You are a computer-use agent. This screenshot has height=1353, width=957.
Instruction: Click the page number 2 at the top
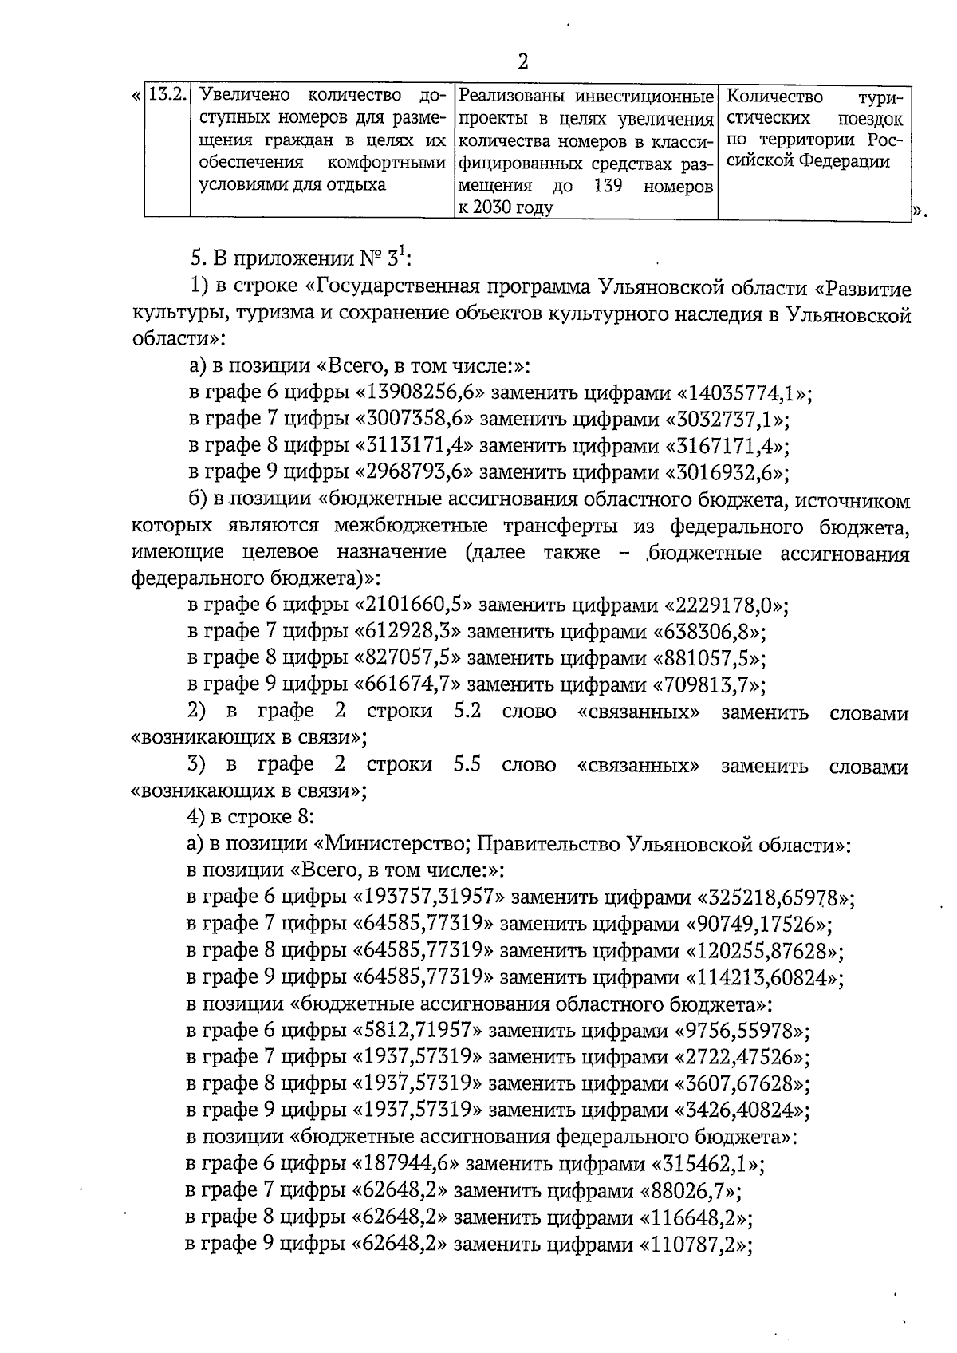tap(523, 61)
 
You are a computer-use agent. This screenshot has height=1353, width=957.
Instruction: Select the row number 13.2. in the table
tap(167, 95)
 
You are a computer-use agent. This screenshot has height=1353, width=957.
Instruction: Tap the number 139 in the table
tap(611, 187)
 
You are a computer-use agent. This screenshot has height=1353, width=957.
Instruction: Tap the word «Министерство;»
tap(395, 845)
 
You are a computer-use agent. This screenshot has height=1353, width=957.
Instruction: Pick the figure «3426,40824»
tap(742, 1110)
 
